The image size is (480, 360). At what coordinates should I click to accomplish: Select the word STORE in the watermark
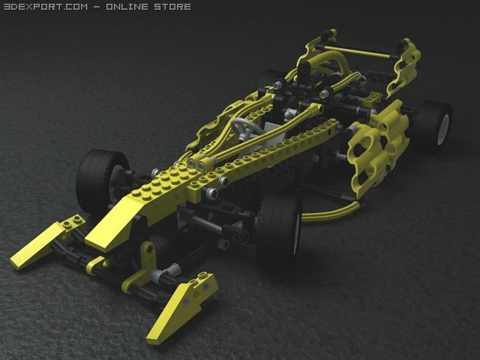pyautogui.click(x=172, y=7)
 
